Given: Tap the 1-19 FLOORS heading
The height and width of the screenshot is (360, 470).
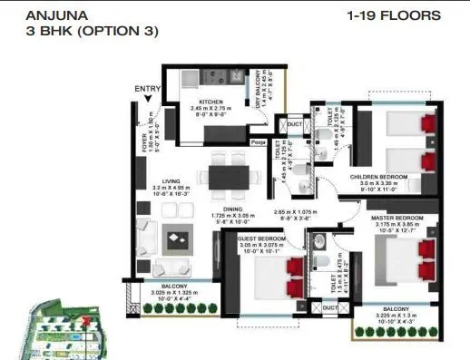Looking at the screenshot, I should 394,15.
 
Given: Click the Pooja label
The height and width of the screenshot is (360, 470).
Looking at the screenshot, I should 259,142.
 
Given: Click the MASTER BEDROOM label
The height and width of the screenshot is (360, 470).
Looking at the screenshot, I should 397,218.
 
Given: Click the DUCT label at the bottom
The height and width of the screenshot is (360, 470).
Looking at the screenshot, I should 331,307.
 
